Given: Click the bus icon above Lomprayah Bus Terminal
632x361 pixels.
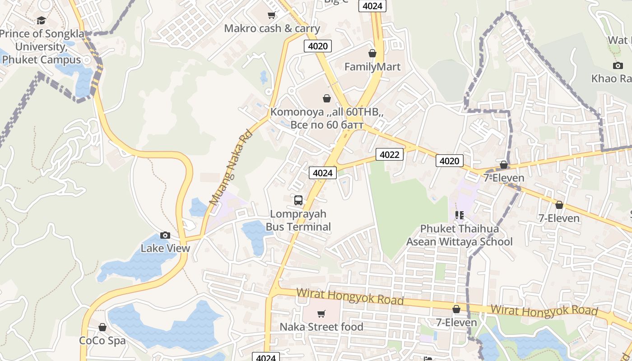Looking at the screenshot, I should click(298, 200).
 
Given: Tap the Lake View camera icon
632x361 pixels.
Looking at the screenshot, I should click(165, 235).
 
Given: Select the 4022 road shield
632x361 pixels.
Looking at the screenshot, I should click(389, 155).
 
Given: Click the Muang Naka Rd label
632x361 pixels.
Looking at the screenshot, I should click(230, 167).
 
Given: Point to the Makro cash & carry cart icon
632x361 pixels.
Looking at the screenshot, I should click(272, 15).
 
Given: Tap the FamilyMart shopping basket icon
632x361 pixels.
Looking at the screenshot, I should click(372, 53).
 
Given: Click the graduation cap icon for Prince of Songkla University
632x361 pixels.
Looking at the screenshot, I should click(41, 20).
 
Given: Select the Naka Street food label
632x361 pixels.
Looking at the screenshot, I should click(321, 327).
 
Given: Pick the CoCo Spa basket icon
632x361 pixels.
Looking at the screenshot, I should click(102, 327).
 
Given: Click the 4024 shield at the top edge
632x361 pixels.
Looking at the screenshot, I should click(372, 6).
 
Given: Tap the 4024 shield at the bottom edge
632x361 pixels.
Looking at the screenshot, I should click(265, 357).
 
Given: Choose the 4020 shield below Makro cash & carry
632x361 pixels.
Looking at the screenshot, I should click(318, 46).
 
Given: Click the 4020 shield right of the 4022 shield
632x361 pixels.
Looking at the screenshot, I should click(449, 161).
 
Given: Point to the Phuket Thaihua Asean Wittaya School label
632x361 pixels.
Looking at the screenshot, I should click(459, 235).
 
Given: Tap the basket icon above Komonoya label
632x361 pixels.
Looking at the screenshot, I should click(327, 98).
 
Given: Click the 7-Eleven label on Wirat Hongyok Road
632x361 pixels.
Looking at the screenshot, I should click(456, 323).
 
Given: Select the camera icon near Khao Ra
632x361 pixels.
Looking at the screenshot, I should click(618, 66).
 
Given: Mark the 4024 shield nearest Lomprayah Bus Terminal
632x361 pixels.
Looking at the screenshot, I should click(323, 173).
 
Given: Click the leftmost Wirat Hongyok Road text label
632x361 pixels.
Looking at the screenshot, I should click(350, 297).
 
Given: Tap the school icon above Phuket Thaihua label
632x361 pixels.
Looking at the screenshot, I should click(460, 215).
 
